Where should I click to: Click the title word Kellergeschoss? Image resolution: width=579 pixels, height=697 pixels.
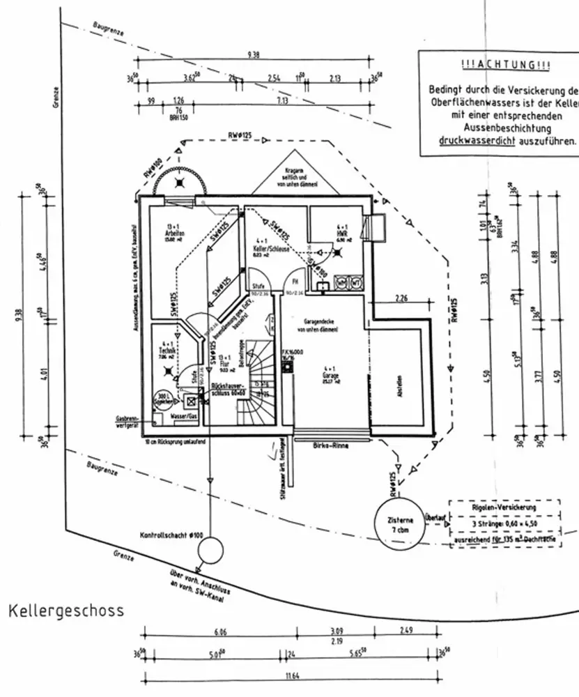point(66,611)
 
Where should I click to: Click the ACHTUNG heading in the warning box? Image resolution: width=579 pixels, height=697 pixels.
point(505,65)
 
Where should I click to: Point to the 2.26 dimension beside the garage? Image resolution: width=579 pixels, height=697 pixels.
point(401,298)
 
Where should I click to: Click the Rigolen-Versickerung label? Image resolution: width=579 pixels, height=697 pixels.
point(504,509)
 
